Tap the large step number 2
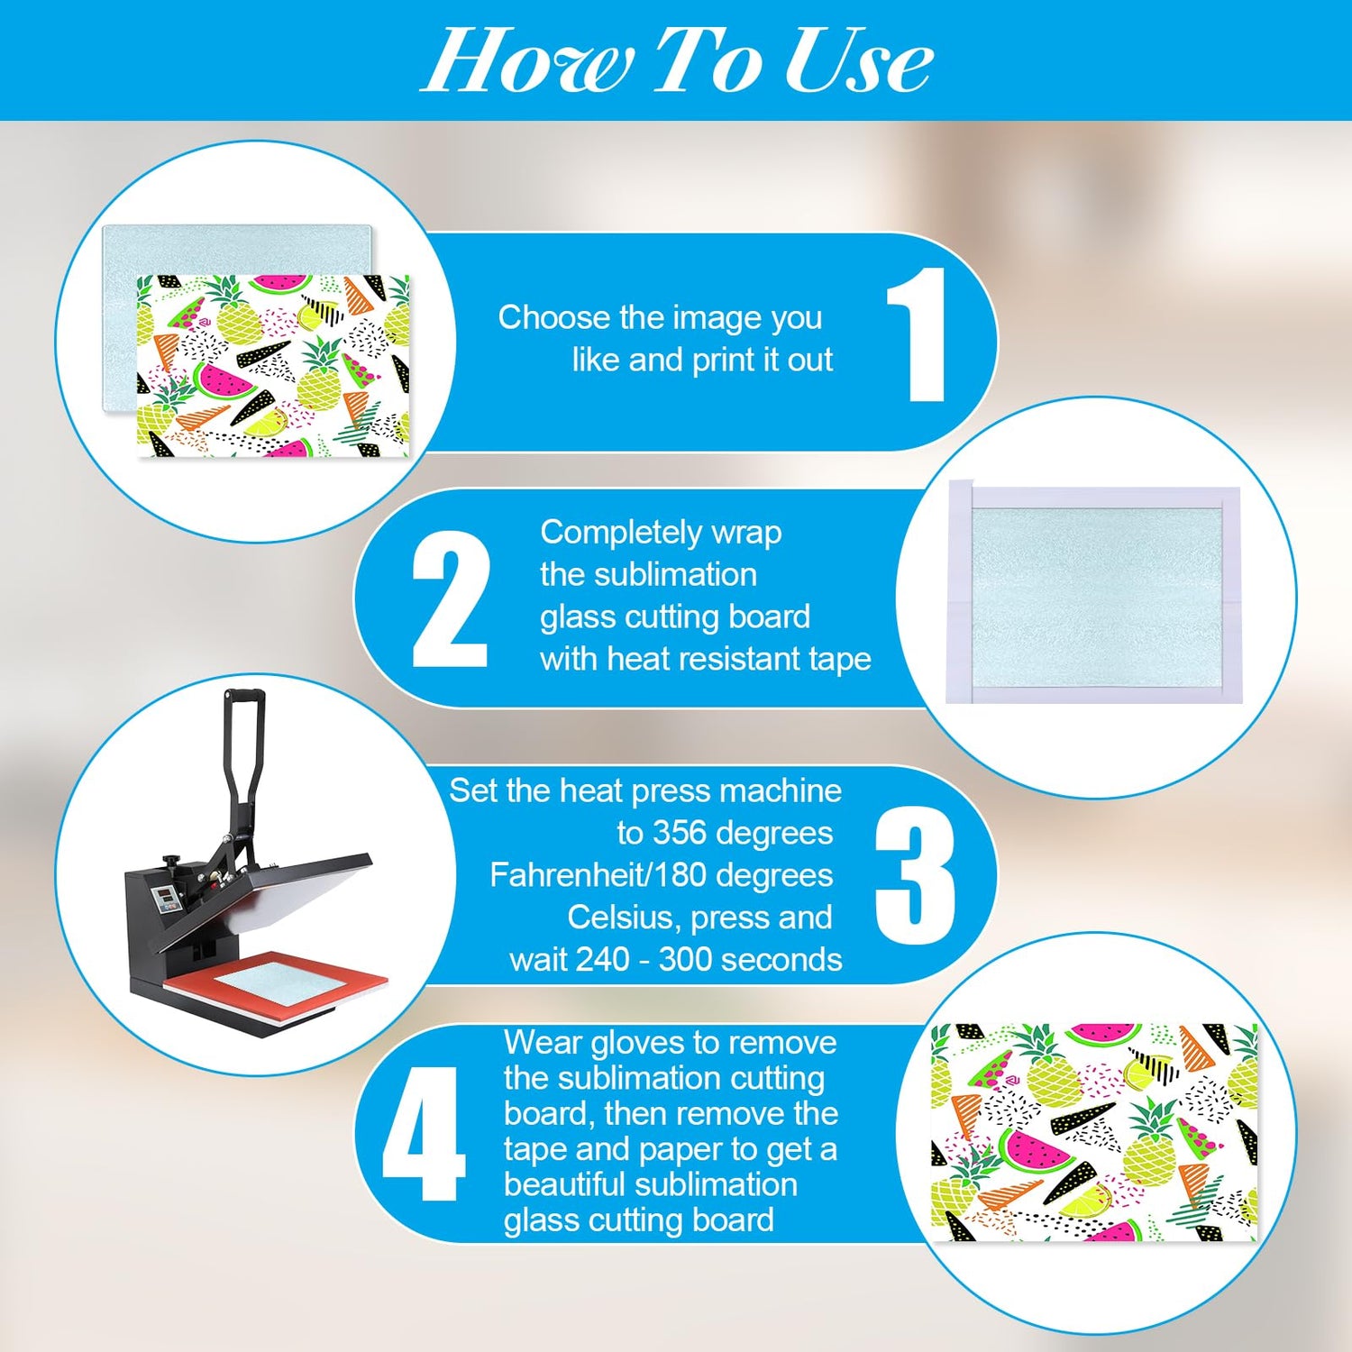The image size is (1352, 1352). click(x=450, y=599)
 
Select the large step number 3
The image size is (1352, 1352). click(x=914, y=875)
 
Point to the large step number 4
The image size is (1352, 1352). click(x=423, y=1134)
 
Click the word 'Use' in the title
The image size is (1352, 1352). click(x=857, y=60)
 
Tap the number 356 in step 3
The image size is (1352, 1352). click(x=680, y=833)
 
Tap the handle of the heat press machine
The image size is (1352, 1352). click(x=242, y=757)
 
